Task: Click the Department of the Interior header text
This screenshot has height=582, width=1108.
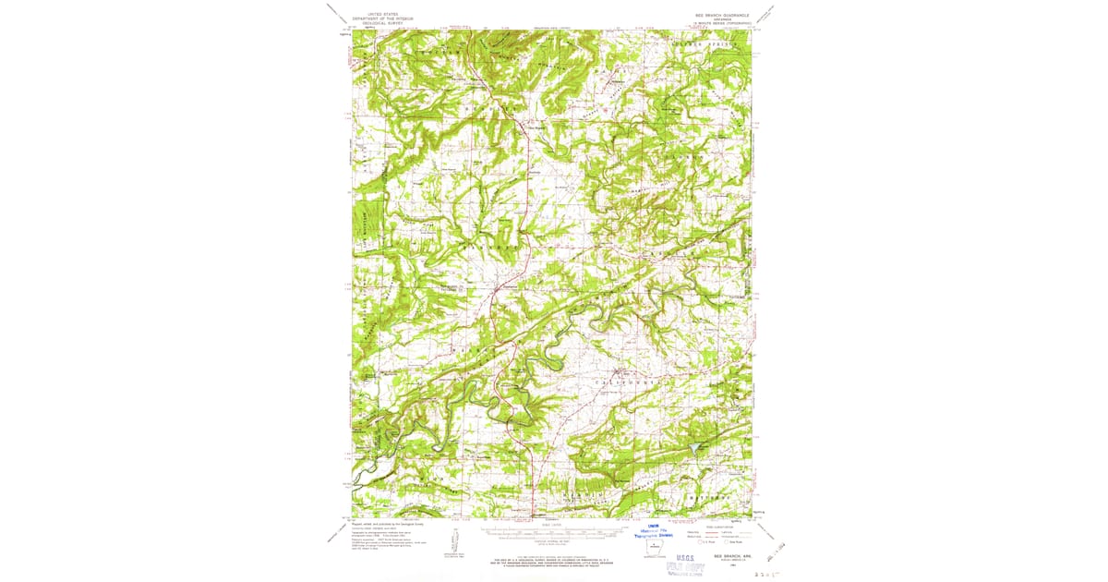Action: [x=385, y=18]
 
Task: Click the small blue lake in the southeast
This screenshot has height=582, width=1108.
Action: [x=692, y=448]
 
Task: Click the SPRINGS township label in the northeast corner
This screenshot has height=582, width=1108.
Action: [x=734, y=42]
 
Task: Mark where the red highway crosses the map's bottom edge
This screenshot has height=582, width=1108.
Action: [x=533, y=516]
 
